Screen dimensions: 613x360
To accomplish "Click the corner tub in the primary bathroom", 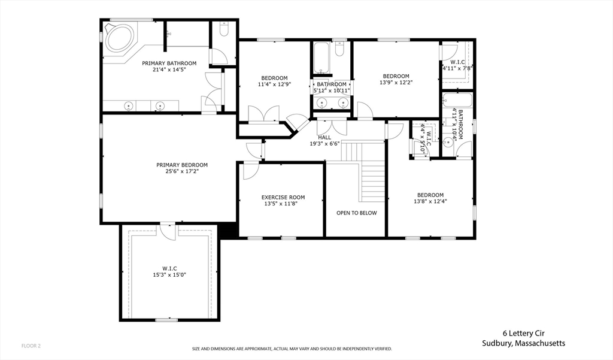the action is tap(120, 37).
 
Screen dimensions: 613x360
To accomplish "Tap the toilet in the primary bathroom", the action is tap(224, 29).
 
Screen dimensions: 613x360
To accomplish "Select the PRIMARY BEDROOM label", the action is tap(182, 165).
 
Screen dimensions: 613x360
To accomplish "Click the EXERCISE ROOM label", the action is tap(283, 198).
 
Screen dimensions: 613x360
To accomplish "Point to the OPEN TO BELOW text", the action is tap(357, 213).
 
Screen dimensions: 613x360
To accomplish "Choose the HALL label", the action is tap(324, 137).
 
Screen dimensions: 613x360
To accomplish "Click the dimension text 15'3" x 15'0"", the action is tap(169, 275).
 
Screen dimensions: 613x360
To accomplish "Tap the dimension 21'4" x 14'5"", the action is tap(169, 69).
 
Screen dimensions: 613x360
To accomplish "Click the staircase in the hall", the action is tap(363, 171).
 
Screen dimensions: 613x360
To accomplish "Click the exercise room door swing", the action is tap(250, 171).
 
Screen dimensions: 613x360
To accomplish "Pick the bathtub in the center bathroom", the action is tap(321, 58).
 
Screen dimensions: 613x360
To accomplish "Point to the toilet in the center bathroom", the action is tap(339, 49).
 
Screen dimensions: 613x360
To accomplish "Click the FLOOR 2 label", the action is tap(31, 346).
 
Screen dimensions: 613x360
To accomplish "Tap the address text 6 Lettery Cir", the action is tap(523, 334).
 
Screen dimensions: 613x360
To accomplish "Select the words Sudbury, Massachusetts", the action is tap(523, 344).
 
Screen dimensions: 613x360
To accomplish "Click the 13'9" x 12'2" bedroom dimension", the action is tap(396, 83).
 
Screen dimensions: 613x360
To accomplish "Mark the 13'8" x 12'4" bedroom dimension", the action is tap(430, 201).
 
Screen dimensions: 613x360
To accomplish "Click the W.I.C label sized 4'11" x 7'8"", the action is tap(457, 62).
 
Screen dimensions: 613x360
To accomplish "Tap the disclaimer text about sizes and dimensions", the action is tap(292, 349).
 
